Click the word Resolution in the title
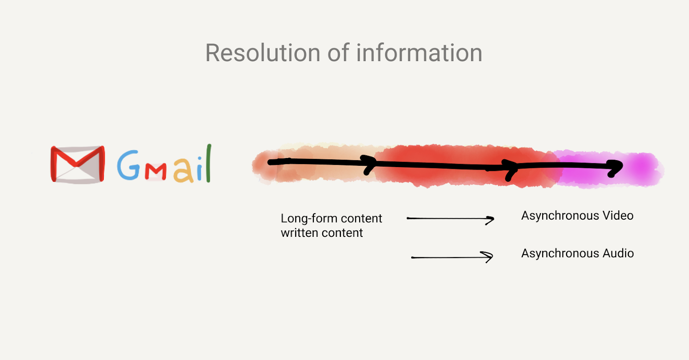coord(263,53)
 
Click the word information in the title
coord(419,53)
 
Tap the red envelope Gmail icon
coord(78,164)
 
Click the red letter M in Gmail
coord(155,172)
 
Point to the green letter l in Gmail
coord(208,163)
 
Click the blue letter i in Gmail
coord(200,169)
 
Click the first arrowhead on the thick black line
coord(369,164)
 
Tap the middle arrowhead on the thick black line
coord(511,170)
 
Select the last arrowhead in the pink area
coord(615,168)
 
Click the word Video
coord(618,216)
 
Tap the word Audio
coord(618,254)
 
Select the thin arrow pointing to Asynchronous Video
coord(450,219)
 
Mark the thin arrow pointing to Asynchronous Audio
coord(452,257)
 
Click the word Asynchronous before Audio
coord(560,254)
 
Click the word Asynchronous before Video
coord(560,216)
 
